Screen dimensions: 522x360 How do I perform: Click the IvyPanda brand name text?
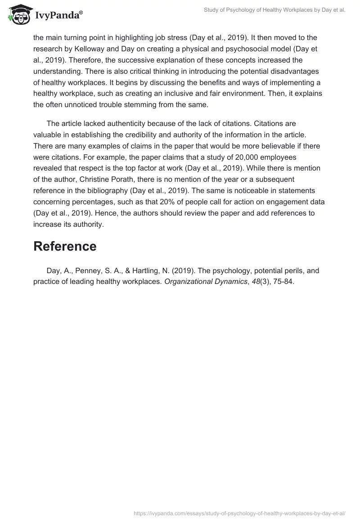pyautogui.click(x=57, y=16)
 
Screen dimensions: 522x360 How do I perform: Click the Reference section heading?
pyautogui.click(x=65, y=246)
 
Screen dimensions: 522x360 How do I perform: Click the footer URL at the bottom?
pyautogui.click(x=239, y=512)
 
